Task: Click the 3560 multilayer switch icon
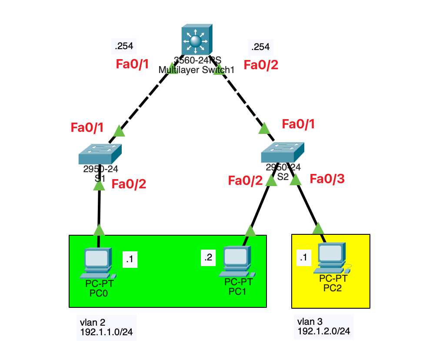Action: (196, 41)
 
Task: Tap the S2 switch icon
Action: (282, 153)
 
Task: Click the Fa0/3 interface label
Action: (327, 179)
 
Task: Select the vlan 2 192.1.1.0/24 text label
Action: (103, 327)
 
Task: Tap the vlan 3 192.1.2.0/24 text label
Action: (323, 327)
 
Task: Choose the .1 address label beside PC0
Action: (130, 260)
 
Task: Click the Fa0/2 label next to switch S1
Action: (129, 184)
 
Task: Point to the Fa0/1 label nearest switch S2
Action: (298, 124)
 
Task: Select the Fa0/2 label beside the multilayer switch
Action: (260, 65)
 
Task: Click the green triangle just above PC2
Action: (318, 228)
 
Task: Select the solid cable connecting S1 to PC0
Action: (99, 207)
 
